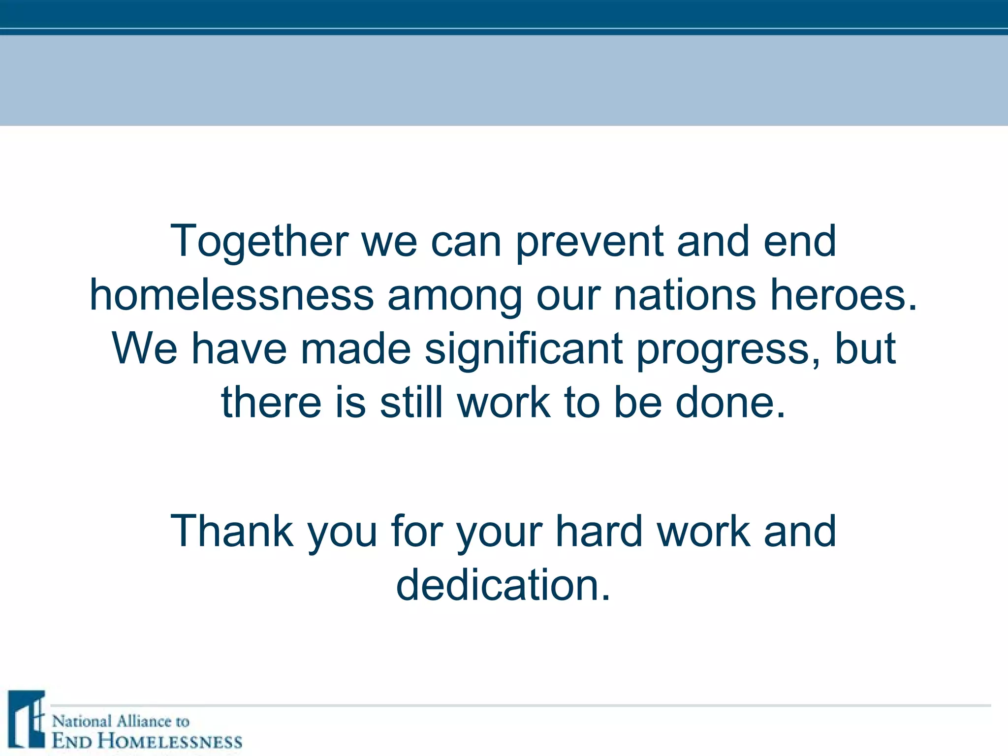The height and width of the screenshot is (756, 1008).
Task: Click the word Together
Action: pos(259,241)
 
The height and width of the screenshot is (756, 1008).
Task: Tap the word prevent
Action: pos(589,241)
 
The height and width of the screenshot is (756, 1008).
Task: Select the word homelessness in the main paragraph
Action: pos(231,295)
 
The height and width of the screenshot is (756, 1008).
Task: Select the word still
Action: pos(411,403)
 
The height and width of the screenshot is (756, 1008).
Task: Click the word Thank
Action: pos(232,531)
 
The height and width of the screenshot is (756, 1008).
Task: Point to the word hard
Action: pos(599,531)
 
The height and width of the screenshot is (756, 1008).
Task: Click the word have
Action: pos(239,349)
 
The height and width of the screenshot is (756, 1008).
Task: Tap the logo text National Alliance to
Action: pos(121,722)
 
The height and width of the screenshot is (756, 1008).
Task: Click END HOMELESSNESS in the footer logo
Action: pos(147,741)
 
